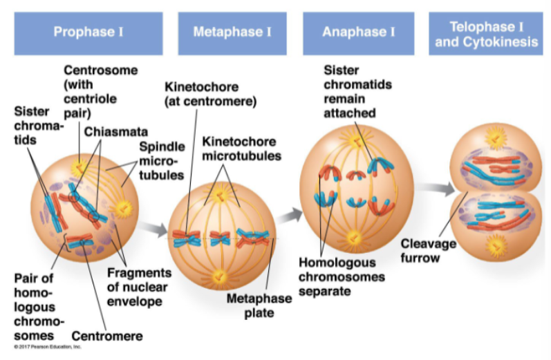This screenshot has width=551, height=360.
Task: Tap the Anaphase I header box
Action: (x=359, y=32)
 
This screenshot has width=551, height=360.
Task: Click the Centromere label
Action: (x=106, y=337)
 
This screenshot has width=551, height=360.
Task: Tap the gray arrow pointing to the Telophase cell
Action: (x=433, y=187)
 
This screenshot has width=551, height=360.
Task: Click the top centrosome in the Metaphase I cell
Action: (x=221, y=194)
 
